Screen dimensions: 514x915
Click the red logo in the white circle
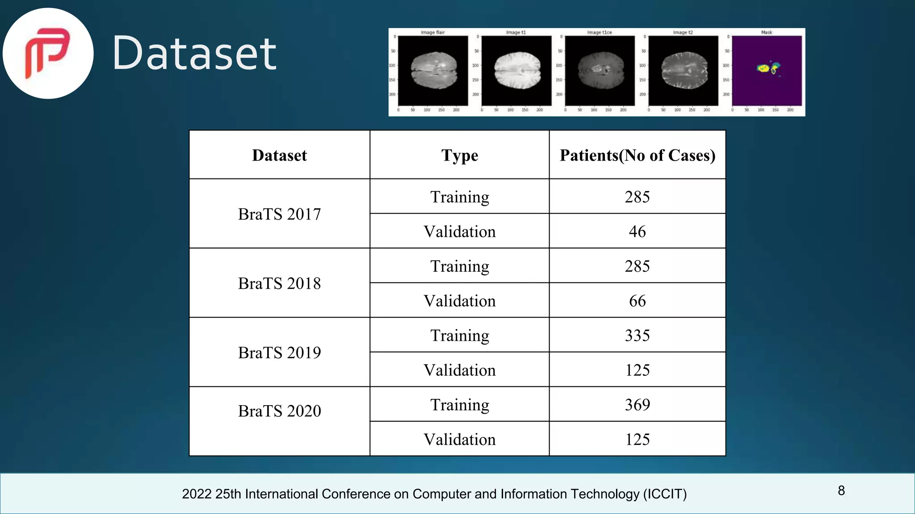[47, 53]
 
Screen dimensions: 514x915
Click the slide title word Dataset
[194, 54]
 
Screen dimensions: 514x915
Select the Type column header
[459, 155]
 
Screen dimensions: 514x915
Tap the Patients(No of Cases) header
[637, 155]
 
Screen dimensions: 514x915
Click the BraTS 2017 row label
[279, 214]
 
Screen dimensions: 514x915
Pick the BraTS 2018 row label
[279, 283]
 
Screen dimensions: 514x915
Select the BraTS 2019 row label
[279, 352]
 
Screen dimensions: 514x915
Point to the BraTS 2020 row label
[279, 411]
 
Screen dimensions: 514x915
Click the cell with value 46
[637, 232]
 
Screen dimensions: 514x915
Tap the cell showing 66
[637, 301]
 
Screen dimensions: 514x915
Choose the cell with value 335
[637, 336]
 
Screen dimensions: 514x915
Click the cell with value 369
[637, 405]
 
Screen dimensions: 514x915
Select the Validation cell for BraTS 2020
[459, 439]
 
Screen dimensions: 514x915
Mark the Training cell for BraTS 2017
[459, 197]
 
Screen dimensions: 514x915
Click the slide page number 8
[841, 491]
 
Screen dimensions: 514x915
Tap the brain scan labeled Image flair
[433, 70]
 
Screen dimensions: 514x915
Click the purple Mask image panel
[767, 70]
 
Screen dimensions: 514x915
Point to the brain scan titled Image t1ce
[600, 70]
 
